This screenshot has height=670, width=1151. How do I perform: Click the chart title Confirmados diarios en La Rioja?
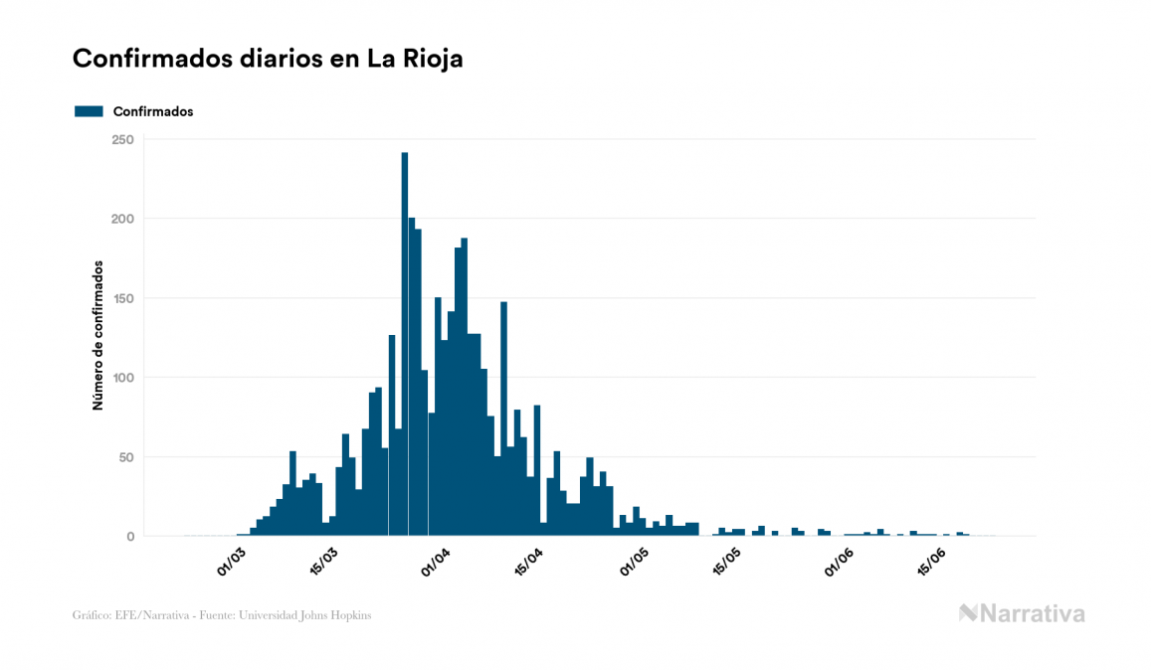tap(268, 59)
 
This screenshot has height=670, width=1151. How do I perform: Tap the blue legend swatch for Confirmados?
tap(89, 111)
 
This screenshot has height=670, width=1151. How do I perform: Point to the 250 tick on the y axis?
tap(122, 139)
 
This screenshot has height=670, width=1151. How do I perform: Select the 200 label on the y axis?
tap(122, 219)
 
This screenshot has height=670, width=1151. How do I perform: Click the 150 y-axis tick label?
tap(122, 298)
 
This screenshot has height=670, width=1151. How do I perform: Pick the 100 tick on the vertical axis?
tap(122, 378)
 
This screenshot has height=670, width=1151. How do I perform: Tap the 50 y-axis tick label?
tap(126, 457)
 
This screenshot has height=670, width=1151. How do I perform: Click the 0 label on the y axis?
tap(129, 537)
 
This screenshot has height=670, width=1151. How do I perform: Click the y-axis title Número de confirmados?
tap(97, 336)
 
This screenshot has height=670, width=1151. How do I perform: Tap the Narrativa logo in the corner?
tap(1022, 613)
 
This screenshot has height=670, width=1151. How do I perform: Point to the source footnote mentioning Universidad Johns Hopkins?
tap(223, 615)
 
